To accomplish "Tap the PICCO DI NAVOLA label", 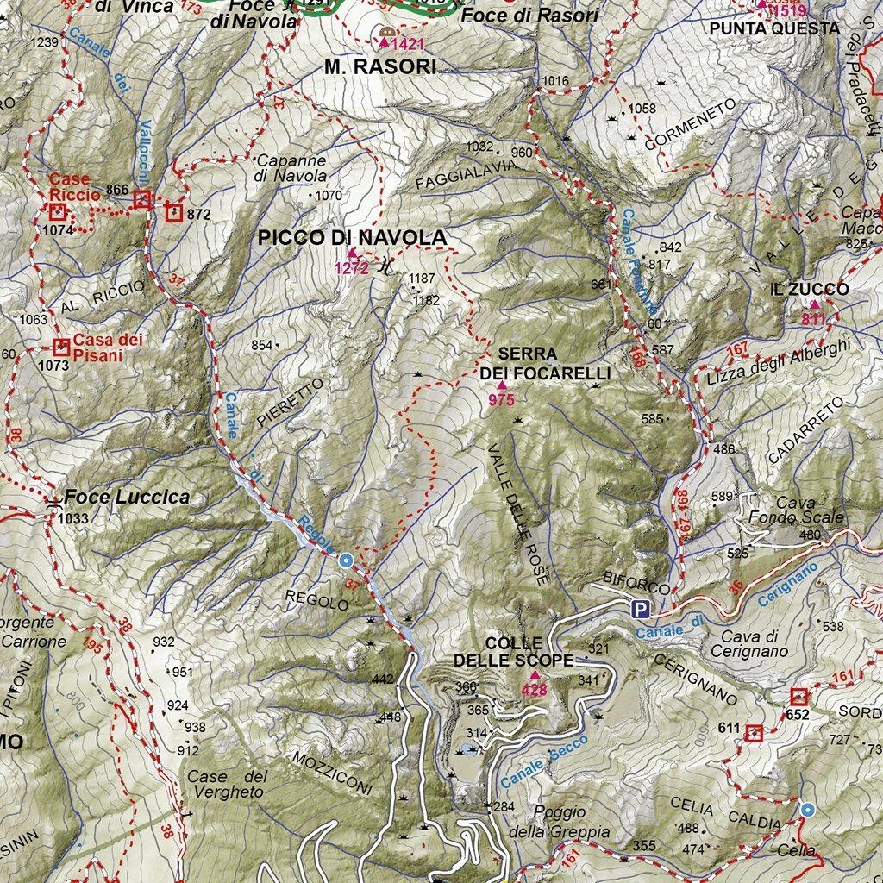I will point(353,238).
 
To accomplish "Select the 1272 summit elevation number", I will point(352,268).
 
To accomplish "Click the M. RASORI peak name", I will point(380,66).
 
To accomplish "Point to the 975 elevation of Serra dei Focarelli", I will point(501,400).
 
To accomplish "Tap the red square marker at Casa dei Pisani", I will point(61,348).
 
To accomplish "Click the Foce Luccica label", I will point(127,498).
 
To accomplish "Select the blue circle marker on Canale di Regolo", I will point(346,560).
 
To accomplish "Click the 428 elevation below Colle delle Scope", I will point(535,689).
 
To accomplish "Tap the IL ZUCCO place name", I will point(810,290).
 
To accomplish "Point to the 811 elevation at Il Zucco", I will point(813,319).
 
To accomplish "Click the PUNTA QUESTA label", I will point(774,28).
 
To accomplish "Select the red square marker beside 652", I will point(798,696).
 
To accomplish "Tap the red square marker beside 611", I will point(754,733).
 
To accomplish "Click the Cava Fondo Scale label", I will point(796,510).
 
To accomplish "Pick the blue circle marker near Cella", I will point(808,810).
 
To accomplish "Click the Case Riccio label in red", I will point(75,187).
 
